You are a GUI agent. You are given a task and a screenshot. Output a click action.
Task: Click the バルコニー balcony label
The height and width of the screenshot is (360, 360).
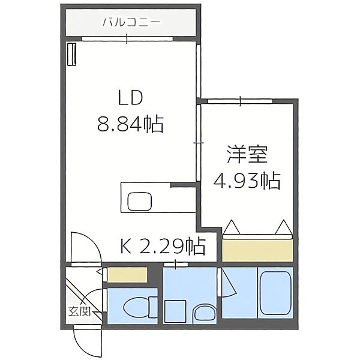(x=130, y=23)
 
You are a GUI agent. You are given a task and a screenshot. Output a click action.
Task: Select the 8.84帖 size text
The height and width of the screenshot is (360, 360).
(x=130, y=124)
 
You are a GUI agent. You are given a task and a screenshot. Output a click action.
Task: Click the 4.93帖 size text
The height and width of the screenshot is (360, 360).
(x=246, y=179)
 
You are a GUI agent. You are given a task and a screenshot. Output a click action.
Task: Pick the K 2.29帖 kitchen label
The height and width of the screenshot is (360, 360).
(x=163, y=246)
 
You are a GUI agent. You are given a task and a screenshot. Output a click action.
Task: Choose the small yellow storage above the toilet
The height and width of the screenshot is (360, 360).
(x=128, y=275)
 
